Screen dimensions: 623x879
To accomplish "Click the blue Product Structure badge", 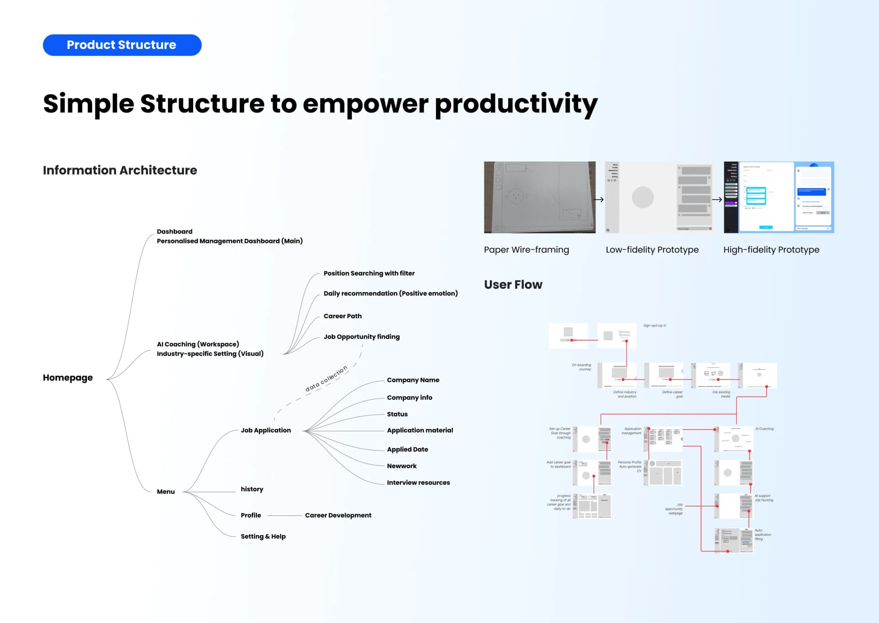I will click(122, 45).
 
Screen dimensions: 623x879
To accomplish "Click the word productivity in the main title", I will click(516, 104).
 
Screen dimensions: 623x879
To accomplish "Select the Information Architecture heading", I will click(120, 170).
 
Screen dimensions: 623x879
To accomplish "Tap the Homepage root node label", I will click(68, 378).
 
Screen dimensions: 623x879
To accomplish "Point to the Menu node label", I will click(166, 491).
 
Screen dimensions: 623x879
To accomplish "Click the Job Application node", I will click(266, 430).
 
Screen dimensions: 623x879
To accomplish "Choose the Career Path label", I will click(342, 316).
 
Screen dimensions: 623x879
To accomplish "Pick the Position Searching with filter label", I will click(369, 273).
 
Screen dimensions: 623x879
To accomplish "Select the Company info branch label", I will click(409, 397).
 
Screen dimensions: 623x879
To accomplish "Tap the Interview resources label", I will click(418, 482).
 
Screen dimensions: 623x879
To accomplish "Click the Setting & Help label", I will click(263, 536).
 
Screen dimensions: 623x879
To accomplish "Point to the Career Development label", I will click(338, 515).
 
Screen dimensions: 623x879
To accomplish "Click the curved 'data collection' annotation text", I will click(326, 379).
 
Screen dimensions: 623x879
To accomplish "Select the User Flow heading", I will click(513, 285).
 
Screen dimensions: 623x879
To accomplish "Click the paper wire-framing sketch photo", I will click(539, 197).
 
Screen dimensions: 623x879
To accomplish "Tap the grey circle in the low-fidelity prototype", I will click(643, 198).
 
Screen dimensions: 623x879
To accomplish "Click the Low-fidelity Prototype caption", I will click(652, 250).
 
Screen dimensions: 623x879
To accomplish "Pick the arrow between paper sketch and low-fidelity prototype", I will click(599, 199).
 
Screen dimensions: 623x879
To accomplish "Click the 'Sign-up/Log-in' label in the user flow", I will click(655, 325).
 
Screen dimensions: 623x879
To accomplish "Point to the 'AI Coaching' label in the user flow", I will click(764, 429).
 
